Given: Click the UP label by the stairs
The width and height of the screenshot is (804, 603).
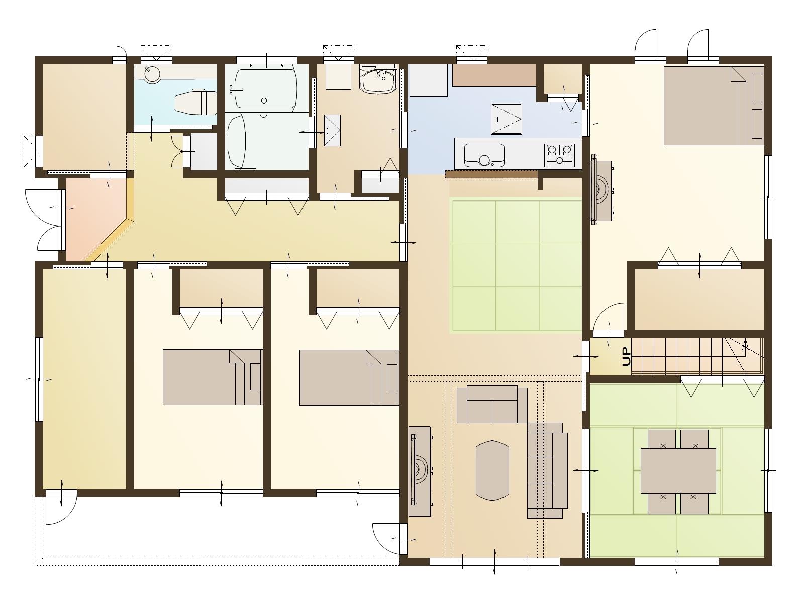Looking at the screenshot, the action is coord(626,357).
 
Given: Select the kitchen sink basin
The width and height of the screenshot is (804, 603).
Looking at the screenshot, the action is coord(484,155).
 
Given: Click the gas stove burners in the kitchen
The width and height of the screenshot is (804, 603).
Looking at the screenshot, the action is coord(559,155).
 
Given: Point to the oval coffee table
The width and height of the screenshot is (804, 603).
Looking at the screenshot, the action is coord(492,470).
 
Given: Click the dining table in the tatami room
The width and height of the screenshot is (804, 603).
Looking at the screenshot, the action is coord(678,471).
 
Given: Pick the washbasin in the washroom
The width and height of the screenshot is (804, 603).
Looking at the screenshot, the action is coord(379,80).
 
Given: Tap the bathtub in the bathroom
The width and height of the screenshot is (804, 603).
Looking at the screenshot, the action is coord(265,87).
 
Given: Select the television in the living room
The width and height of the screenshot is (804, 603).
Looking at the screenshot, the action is coord(420,471).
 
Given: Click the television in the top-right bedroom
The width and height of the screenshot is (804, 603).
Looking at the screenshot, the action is coord(601,191).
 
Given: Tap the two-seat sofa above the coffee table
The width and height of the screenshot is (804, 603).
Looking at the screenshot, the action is coord(492,405).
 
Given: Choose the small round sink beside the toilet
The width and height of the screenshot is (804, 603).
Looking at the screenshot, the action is coord(152,75).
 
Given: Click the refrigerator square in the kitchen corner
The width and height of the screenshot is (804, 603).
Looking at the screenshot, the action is coord(428,80).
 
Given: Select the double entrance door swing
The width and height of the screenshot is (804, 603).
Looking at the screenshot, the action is coord(44,220).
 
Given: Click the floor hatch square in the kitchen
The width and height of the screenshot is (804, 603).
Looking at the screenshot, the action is coord(506,119).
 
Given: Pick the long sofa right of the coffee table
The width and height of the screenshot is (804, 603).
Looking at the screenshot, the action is coord(547,470).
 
